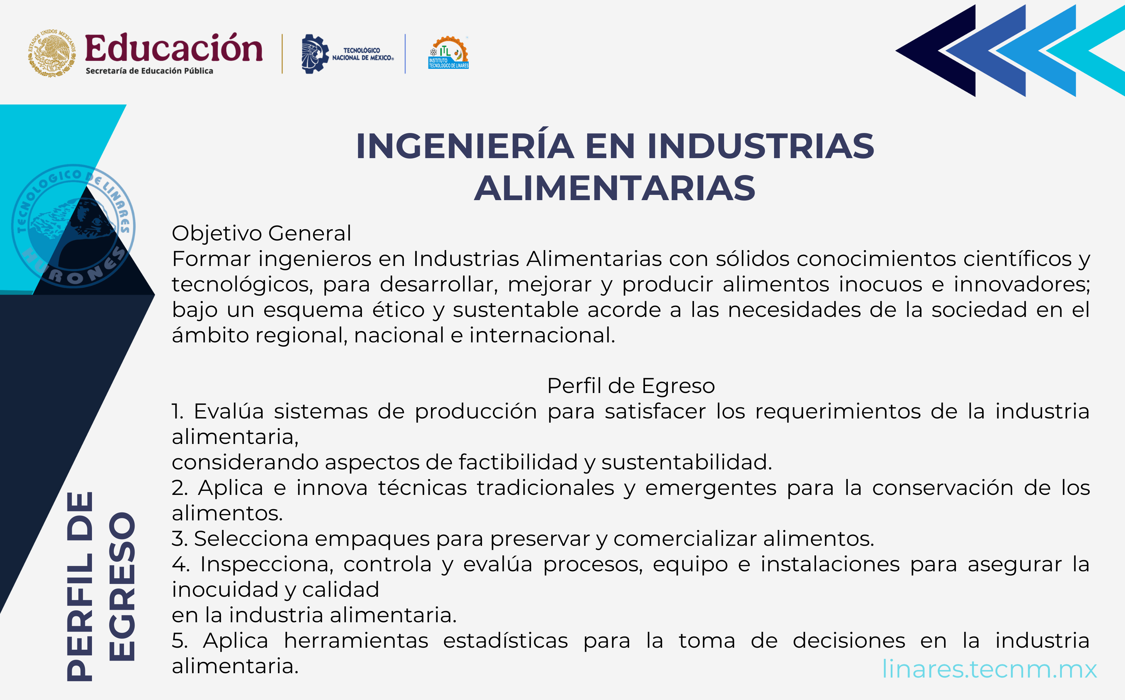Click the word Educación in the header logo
(174, 48)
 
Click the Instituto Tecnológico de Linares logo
(448, 53)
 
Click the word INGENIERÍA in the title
(465, 146)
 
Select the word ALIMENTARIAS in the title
(615, 189)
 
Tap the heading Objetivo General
(261, 233)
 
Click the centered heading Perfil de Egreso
(631, 386)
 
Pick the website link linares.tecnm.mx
(989, 669)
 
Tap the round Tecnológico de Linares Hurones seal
(73, 226)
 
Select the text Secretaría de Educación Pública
(149, 71)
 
